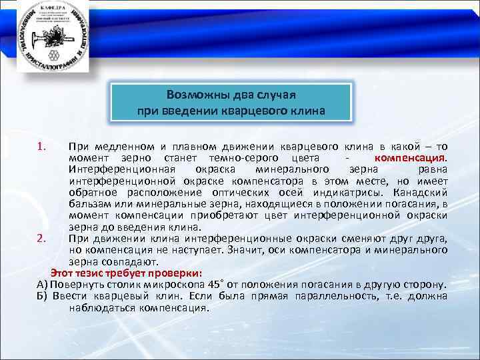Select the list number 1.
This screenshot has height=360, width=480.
(x=41, y=145)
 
